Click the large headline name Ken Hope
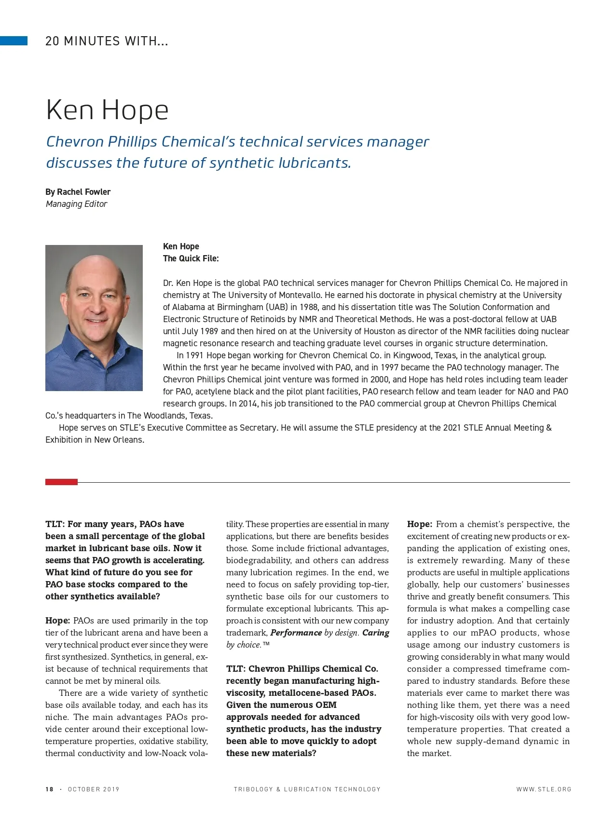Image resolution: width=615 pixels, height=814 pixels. (x=107, y=110)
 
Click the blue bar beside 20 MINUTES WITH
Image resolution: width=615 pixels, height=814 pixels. (x=14, y=41)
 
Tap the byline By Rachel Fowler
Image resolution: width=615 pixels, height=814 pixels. (x=78, y=192)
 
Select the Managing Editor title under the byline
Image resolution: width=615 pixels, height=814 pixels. (x=76, y=204)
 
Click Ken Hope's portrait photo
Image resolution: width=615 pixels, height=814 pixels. (x=94, y=318)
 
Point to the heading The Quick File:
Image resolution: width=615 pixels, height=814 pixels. (x=191, y=258)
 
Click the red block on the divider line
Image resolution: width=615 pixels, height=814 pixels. (x=61, y=482)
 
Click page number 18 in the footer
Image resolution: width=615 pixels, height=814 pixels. (x=49, y=789)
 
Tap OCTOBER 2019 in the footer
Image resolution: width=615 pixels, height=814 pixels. (x=94, y=789)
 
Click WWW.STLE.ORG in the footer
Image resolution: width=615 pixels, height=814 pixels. (x=544, y=789)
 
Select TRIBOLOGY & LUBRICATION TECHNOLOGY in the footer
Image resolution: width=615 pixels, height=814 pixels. (x=307, y=789)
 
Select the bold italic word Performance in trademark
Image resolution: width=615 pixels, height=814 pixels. (x=296, y=633)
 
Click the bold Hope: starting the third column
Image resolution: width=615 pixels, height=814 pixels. (x=419, y=524)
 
